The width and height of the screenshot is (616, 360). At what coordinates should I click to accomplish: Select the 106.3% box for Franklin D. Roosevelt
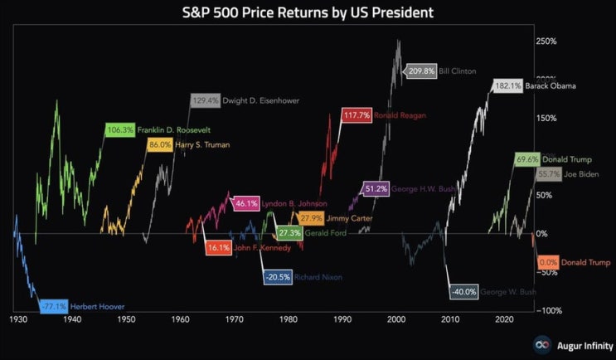[x=119, y=129]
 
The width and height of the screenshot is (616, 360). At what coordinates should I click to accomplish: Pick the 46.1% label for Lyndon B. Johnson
[x=246, y=202]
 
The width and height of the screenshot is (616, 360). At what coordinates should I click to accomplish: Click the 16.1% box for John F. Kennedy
[x=219, y=247]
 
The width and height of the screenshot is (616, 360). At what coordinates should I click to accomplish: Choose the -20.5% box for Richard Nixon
[x=278, y=277]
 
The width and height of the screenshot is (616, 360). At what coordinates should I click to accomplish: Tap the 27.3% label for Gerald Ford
[x=289, y=233]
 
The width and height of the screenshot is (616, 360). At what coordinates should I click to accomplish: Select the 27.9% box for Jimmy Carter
[x=312, y=218]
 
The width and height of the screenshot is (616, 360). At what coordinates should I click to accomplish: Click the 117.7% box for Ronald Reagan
[x=357, y=115]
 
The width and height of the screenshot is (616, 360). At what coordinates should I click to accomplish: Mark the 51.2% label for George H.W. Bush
[x=376, y=188]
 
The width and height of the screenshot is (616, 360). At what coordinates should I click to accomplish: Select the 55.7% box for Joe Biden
[x=548, y=174]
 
